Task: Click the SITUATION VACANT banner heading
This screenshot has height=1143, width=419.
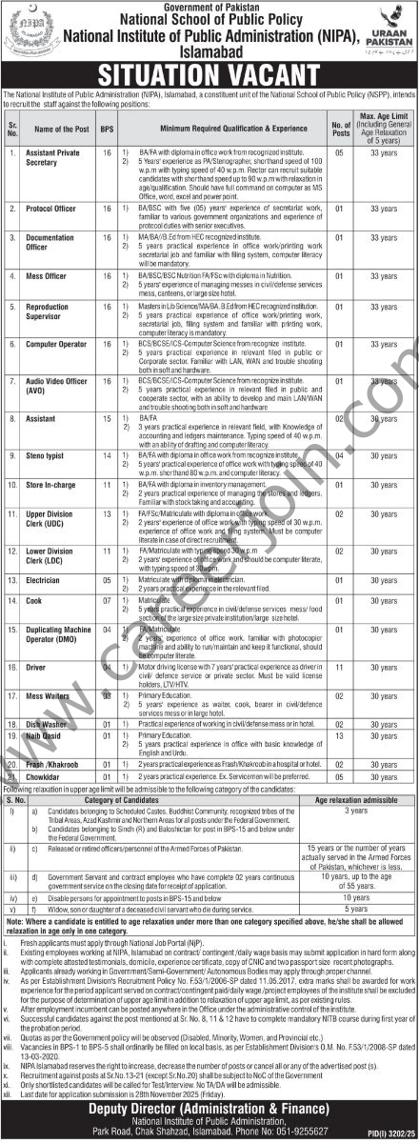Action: (x=209, y=72)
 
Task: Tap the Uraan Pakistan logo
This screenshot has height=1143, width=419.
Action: (x=388, y=32)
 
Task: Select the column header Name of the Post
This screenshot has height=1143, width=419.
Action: (x=60, y=127)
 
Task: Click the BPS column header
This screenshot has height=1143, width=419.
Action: (x=109, y=127)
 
